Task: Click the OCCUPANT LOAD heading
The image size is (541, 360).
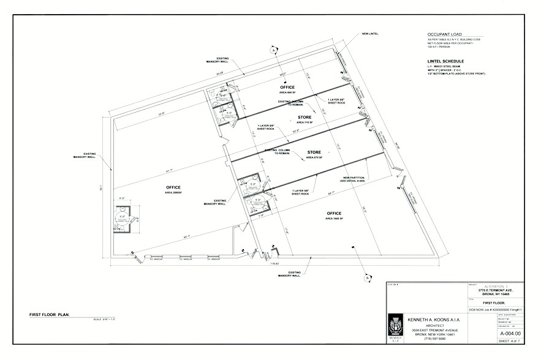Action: pos(445,34)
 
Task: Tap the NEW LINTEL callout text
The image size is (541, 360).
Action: pos(370,33)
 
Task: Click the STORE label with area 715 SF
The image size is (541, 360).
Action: pos(305,117)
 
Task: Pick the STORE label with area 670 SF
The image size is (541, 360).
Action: pos(314,152)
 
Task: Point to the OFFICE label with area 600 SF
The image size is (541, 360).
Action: pos(287,88)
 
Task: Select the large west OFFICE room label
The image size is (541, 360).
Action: pos(174,187)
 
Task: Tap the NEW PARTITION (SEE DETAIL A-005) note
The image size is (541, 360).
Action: pos(353,180)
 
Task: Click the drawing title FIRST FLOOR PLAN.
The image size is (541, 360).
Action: pos(50,315)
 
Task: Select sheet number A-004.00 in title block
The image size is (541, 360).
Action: pos(510,333)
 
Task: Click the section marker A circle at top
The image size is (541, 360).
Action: pos(267,51)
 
